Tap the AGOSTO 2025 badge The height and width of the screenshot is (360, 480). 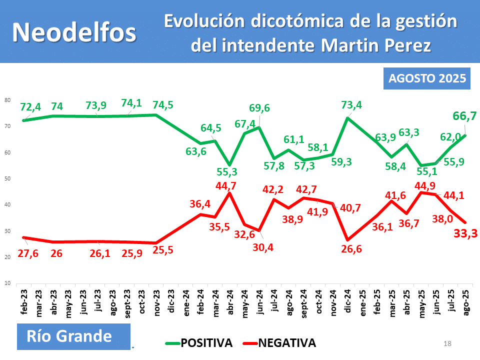(x=426, y=78)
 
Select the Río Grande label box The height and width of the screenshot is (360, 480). (x=73, y=336)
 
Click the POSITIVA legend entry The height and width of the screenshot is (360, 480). (x=199, y=343)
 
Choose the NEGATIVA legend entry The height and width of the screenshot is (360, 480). (x=279, y=343)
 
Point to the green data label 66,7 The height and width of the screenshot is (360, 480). (x=464, y=116)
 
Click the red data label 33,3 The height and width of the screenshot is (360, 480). (x=465, y=233)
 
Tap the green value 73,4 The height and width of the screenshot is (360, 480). (x=351, y=105)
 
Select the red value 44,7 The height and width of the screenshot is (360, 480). (x=226, y=186)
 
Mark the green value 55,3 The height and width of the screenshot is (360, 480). (x=227, y=171)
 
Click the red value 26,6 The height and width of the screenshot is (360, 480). (x=351, y=249)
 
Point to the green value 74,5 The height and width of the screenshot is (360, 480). (x=163, y=105)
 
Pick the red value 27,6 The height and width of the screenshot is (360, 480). (x=28, y=253)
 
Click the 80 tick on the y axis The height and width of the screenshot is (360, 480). (x=7, y=100)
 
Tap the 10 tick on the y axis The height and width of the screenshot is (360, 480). (x=7, y=283)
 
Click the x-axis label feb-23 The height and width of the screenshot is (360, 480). (x=24, y=302)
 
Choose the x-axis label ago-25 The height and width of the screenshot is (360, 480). (x=465, y=303)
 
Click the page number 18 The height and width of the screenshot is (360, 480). (x=447, y=344)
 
